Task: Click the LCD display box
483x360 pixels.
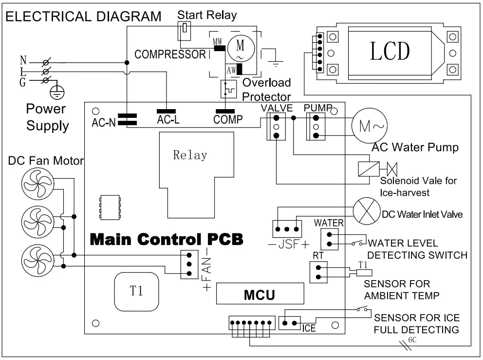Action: pos(389,51)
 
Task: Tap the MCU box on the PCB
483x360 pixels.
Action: pos(260,295)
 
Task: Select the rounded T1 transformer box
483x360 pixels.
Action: pos(137,291)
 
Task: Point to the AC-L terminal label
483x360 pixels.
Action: pos(168,120)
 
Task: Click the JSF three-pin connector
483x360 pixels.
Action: pos(286,228)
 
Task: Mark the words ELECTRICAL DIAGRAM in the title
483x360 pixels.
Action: pos(83,17)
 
